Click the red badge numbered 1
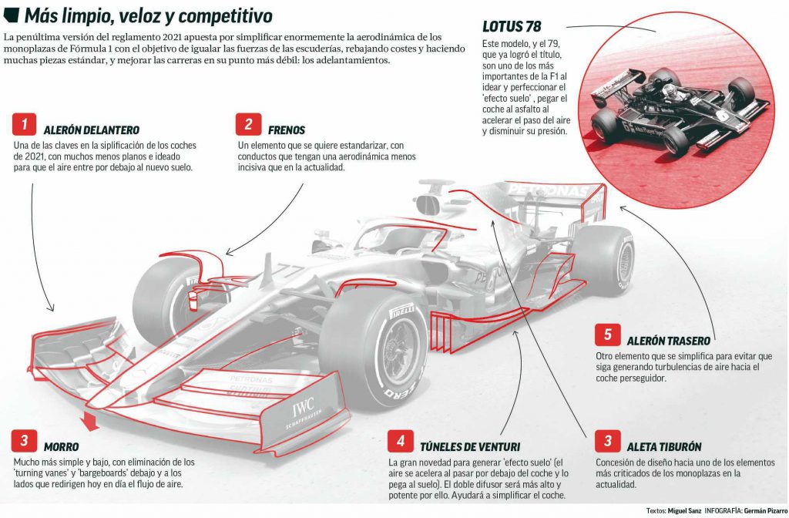[x=24, y=124]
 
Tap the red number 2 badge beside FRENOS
[x=248, y=124]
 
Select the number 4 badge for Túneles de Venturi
[x=401, y=441]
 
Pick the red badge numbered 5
[x=607, y=335]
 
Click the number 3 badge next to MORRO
[x=24, y=441]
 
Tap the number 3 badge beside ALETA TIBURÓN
[x=607, y=441]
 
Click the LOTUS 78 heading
[x=512, y=26]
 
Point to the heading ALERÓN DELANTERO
[x=92, y=130]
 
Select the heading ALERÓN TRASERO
[x=668, y=341]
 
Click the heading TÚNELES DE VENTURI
[x=470, y=447]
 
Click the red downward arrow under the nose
[x=91, y=422]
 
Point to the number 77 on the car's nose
[x=286, y=272]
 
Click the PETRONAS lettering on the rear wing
[x=549, y=191]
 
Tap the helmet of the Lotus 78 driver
[x=670, y=91]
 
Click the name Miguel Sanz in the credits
[x=684, y=510]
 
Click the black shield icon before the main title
[x=11, y=15]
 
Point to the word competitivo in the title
[x=226, y=16]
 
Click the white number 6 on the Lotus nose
[x=723, y=116]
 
